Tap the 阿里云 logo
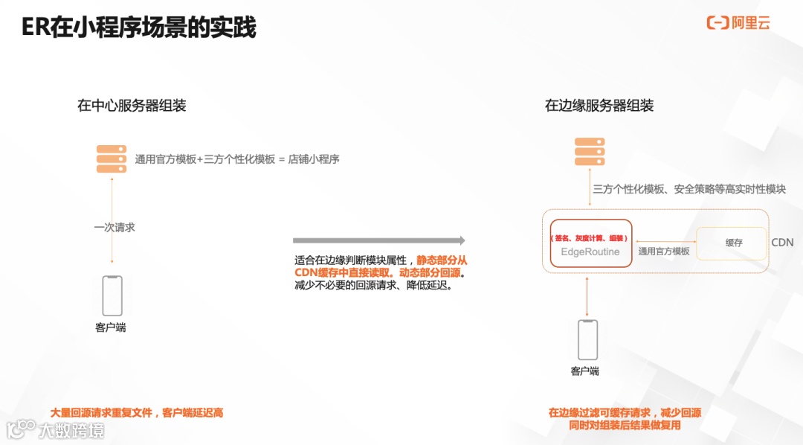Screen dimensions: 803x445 pyautogui.click(x=738, y=23)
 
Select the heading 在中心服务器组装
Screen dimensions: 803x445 pyautogui.click(x=132, y=106)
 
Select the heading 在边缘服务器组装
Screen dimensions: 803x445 pyautogui.click(x=599, y=106)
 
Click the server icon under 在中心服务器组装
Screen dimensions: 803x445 pyautogui.click(x=112, y=159)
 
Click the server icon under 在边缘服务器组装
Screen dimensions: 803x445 pyautogui.click(x=590, y=152)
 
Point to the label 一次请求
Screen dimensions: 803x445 pyautogui.click(x=115, y=227)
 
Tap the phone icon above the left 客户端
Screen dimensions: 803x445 pyautogui.click(x=112, y=295)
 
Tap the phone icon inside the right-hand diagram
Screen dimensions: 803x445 pyautogui.click(x=588, y=340)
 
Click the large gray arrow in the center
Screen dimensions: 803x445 pyautogui.click(x=378, y=240)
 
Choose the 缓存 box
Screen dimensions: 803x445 pyautogui.click(x=733, y=243)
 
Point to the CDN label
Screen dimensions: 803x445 pyautogui.click(x=782, y=243)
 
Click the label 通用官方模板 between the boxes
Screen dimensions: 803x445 pyautogui.click(x=664, y=252)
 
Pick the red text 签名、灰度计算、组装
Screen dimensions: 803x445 pyautogui.click(x=590, y=238)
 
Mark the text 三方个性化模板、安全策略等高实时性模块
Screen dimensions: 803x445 pyautogui.click(x=688, y=189)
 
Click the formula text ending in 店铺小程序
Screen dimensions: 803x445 pyautogui.click(x=237, y=159)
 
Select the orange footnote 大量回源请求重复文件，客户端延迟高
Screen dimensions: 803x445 pyautogui.click(x=136, y=412)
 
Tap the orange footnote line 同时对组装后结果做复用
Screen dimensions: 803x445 pyautogui.click(x=625, y=426)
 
